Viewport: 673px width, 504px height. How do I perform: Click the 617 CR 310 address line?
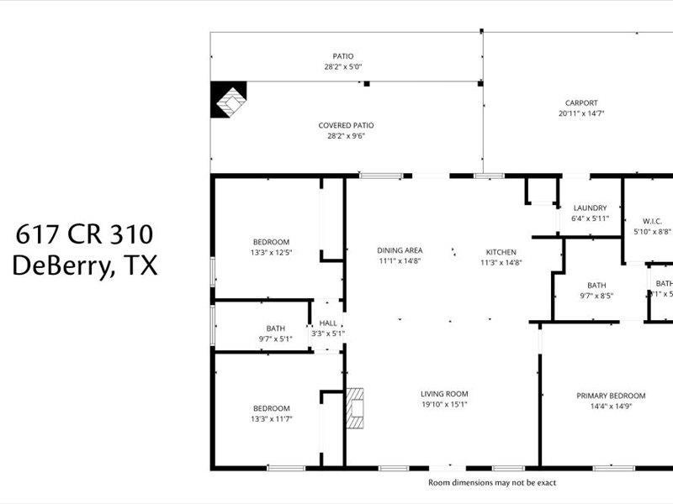pos(84,234)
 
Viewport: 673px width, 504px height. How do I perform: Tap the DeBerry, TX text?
pos(84,266)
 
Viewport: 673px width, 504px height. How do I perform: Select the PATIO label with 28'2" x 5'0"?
pos(342,56)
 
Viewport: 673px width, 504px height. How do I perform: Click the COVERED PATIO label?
pos(346,125)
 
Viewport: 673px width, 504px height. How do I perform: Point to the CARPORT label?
pos(581,103)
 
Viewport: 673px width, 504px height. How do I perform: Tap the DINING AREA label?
pos(399,250)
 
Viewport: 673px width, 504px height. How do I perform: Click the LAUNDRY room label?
pos(590,208)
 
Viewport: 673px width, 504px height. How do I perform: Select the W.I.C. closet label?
pos(652,221)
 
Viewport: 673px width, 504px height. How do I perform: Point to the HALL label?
pos(327,323)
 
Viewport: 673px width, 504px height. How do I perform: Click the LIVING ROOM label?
pos(444,393)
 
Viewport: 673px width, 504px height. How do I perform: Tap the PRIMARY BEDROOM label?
pos(611,396)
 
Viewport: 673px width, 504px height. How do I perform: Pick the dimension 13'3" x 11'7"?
pos(271,418)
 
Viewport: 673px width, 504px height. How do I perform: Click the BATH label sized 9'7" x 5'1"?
pos(276,328)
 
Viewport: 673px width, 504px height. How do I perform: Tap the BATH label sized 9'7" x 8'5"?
pos(597,285)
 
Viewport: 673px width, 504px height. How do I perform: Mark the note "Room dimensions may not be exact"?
pos(492,483)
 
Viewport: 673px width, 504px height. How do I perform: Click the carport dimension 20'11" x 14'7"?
pos(581,113)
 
